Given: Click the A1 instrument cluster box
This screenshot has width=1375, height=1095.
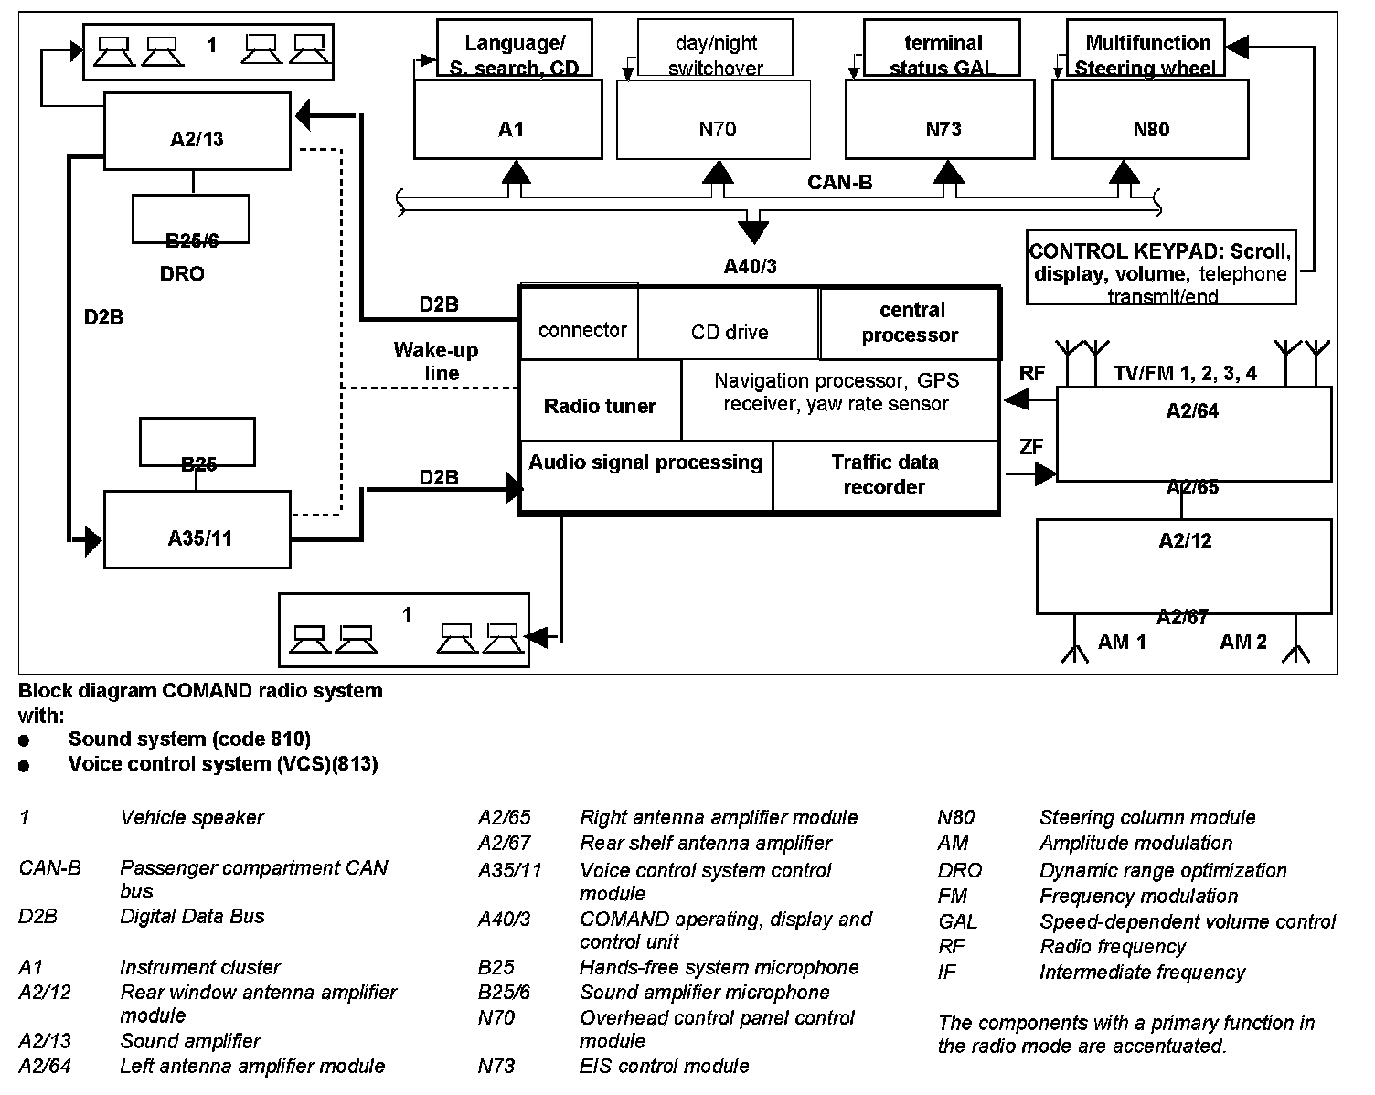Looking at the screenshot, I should click(508, 119).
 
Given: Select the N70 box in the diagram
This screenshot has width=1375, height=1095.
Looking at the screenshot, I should click(713, 119).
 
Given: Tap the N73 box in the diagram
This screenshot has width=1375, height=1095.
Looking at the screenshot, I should click(940, 119).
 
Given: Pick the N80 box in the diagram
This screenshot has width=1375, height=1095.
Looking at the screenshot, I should click(1150, 119).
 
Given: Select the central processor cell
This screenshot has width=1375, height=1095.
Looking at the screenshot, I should click(909, 324).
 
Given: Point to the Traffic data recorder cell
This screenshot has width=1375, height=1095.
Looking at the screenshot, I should click(884, 475).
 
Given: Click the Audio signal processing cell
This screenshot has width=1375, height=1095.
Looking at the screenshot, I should click(645, 475).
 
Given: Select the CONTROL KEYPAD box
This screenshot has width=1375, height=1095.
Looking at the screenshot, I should click(1161, 267).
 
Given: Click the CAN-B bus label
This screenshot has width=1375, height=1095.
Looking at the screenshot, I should click(839, 183).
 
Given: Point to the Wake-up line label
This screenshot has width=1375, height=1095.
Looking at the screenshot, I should click(436, 361).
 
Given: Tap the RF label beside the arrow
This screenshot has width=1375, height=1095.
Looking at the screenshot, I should click(1032, 373).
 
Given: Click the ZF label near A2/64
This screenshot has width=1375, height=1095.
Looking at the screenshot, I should click(1031, 447).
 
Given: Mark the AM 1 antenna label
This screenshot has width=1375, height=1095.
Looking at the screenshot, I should click(1122, 642).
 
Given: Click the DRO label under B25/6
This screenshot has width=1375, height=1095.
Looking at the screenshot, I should click(182, 274).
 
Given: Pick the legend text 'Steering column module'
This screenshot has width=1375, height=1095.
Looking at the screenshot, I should click(1147, 817).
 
